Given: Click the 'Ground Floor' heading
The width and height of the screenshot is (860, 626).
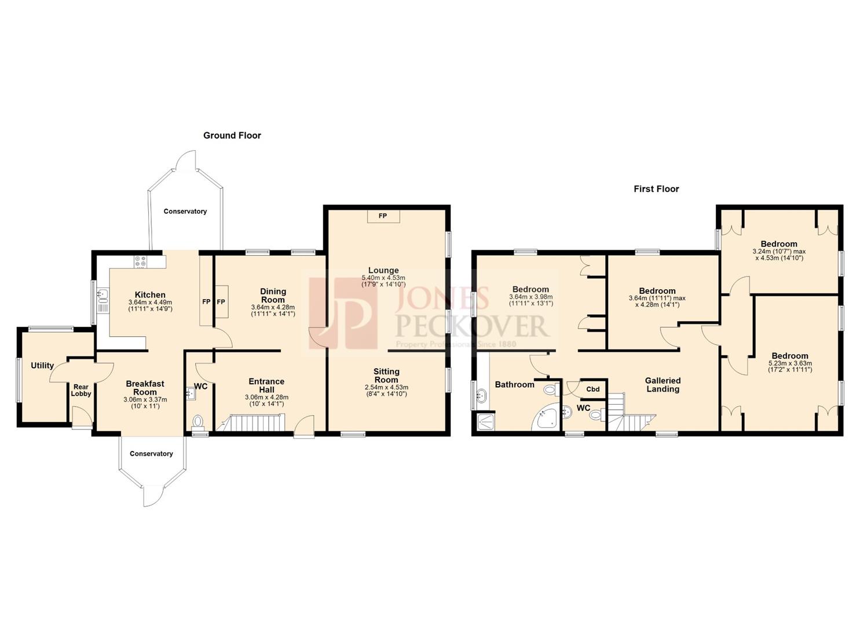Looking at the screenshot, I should (232, 136).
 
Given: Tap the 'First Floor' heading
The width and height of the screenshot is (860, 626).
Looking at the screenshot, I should (656, 189).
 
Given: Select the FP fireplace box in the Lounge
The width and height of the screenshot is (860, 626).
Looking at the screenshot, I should (382, 216).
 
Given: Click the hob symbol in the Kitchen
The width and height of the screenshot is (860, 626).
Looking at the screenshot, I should (141, 262).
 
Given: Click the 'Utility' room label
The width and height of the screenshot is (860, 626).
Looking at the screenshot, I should (42, 366).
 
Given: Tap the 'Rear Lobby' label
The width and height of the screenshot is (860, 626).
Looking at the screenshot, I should (81, 390).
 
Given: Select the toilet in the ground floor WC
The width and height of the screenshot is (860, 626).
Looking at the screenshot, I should (198, 421).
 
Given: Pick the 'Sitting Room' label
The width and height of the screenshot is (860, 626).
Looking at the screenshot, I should (386, 376).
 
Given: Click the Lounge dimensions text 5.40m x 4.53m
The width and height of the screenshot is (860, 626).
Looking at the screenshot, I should (383, 278).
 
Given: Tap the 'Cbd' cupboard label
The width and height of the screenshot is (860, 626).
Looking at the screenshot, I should (592, 390).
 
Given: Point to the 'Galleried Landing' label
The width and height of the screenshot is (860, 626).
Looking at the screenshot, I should (663, 385).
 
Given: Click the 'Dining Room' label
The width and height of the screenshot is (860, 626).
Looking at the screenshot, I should (273, 296).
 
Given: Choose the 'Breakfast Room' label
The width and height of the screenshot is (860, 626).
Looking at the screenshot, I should (145, 388).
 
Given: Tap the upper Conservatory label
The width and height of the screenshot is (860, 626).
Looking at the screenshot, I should (185, 212).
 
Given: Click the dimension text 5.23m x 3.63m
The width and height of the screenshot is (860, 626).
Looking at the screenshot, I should (790, 363).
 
